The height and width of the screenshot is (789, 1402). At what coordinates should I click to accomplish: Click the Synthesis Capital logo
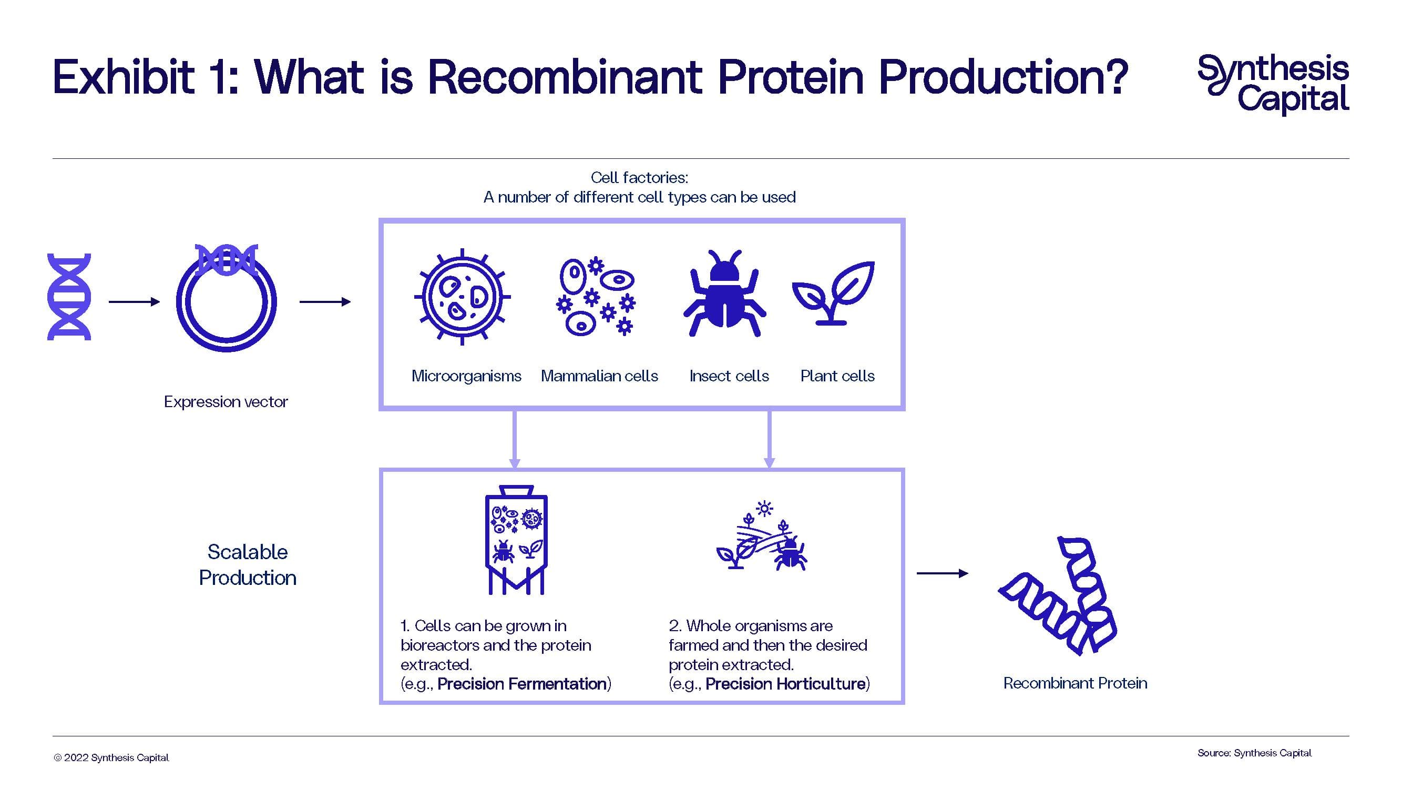[x=1274, y=84]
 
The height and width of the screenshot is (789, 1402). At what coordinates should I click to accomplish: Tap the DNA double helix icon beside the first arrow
[x=69, y=297]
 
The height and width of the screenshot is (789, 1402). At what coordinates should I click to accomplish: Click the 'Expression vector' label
[x=226, y=402]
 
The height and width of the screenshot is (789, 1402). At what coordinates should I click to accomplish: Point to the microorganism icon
[x=462, y=297]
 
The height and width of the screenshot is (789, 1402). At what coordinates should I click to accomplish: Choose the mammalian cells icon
[x=596, y=296]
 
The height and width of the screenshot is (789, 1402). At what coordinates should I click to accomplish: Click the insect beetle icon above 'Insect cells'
[x=724, y=294]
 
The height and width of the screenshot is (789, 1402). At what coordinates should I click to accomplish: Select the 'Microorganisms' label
[x=466, y=376]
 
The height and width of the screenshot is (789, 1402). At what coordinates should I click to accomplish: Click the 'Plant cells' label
[x=837, y=376]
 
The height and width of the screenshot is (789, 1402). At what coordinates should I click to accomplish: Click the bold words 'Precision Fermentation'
[x=522, y=684]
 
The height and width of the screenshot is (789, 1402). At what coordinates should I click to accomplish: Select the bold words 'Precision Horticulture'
[x=785, y=684]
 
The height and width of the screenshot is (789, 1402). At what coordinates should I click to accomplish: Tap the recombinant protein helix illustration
[x=1059, y=596]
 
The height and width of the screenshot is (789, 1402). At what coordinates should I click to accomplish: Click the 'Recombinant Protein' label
[x=1075, y=683]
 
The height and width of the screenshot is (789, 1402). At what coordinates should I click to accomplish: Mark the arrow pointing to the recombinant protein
[x=942, y=573]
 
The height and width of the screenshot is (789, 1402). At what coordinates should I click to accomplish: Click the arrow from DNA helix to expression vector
[x=134, y=301]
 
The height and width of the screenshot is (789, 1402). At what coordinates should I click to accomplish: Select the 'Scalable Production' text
[x=248, y=564]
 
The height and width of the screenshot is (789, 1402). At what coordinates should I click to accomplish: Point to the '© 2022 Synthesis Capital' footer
[x=111, y=758]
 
